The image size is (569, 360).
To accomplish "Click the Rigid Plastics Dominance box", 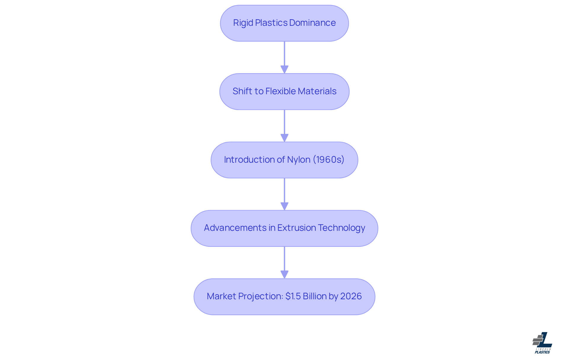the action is pyautogui.click(x=284, y=23).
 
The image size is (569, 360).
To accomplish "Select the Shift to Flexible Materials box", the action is pyautogui.click(x=284, y=92).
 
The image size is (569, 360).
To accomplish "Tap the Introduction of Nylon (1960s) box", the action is pyautogui.click(x=284, y=160).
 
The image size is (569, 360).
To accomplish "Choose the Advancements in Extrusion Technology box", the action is pyautogui.click(x=284, y=228).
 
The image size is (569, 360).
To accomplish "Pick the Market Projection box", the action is pyautogui.click(x=284, y=297).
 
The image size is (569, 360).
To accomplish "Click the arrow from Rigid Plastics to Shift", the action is pyautogui.click(x=284, y=57).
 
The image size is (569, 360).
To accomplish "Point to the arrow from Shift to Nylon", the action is pyautogui.click(x=284, y=126).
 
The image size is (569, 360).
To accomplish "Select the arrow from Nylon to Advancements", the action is pyautogui.click(x=284, y=194).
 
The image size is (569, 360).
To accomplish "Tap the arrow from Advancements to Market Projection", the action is pyautogui.click(x=284, y=263).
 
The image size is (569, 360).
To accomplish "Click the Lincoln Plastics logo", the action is pyautogui.click(x=542, y=343).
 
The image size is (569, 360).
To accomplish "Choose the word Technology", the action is pyautogui.click(x=341, y=228).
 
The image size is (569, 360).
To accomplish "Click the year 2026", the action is pyautogui.click(x=351, y=296).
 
